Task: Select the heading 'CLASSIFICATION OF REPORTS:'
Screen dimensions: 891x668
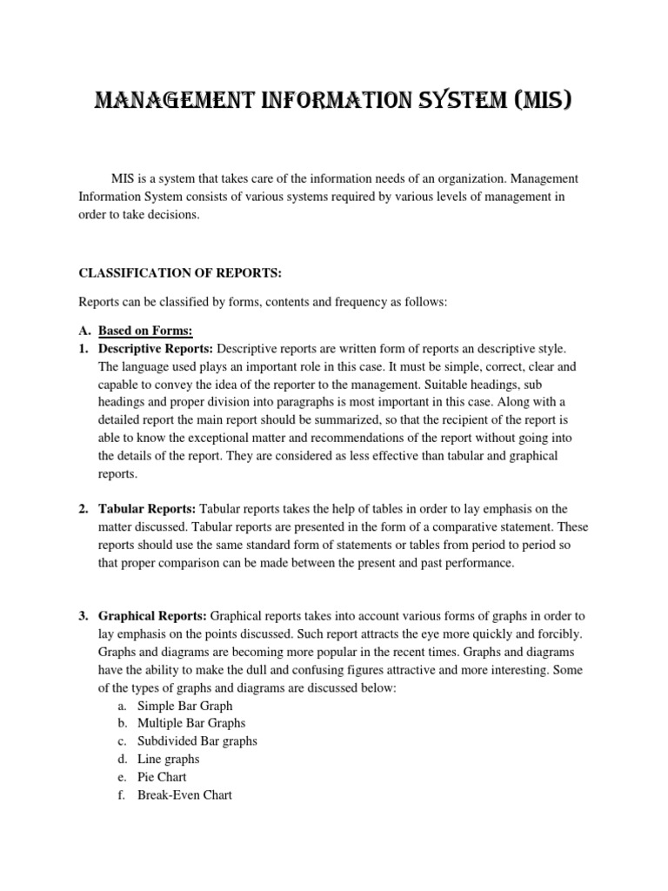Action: pos(180,273)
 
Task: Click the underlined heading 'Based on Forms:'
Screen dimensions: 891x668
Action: pos(145,331)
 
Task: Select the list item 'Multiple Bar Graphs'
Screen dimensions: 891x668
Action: pos(191,723)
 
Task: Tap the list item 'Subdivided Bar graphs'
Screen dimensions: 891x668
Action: pos(197,741)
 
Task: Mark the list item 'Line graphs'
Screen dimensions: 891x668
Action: pos(168,760)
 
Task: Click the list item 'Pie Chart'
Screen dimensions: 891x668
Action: pos(162,777)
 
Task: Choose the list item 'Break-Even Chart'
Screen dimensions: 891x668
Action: pos(184,795)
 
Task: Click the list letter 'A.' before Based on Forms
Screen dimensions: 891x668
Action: pos(84,331)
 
